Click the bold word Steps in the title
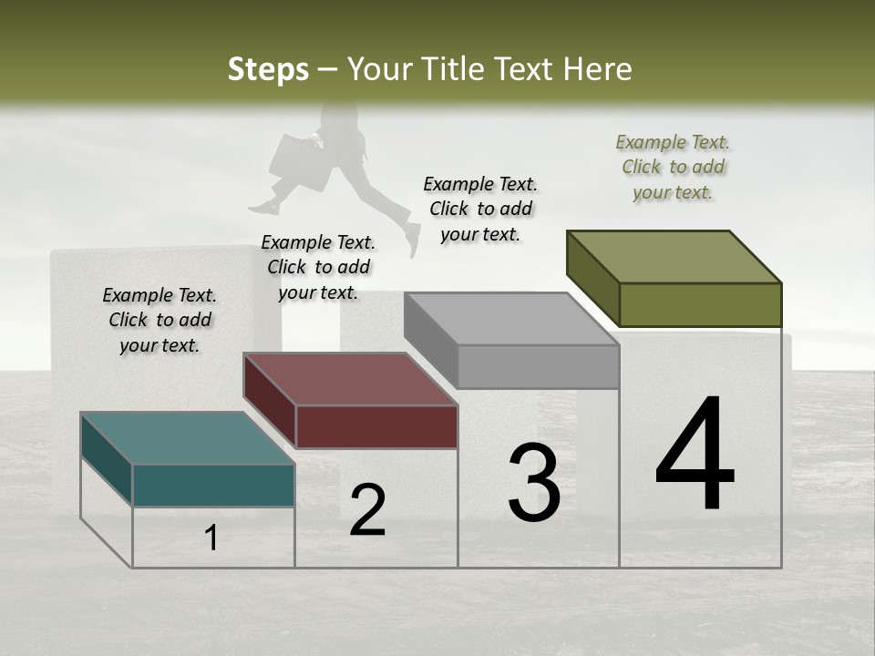(268, 69)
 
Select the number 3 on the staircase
(534, 483)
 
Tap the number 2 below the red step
(367, 510)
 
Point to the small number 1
(211, 538)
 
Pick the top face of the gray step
(511, 320)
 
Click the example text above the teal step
(160, 320)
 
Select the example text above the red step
(318, 267)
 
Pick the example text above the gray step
(480, 209)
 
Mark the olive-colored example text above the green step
(673, 167)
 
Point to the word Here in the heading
(599, 69)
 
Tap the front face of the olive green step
(700, 304)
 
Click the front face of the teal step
(213, 485)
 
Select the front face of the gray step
(538, 367)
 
